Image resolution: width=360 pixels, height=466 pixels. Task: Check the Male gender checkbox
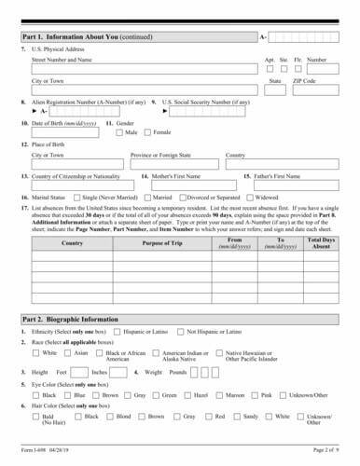[119, 132]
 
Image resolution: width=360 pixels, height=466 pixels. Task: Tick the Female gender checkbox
[147, 132]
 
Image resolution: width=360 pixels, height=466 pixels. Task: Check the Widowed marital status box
[250, 198]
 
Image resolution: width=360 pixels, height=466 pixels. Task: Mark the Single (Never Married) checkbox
[78, 198]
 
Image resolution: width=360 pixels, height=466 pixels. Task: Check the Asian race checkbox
[69, 353]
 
